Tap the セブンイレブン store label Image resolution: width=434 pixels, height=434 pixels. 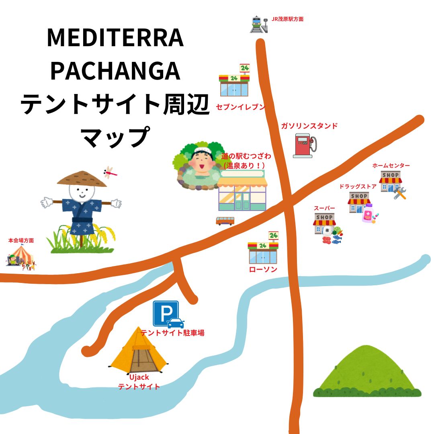241,107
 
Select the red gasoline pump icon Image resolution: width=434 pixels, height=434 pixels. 304,145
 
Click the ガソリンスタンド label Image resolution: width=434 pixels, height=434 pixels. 309,126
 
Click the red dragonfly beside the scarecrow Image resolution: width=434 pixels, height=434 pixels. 110,173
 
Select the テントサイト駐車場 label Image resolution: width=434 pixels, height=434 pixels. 172,333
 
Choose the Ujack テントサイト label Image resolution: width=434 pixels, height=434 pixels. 139,382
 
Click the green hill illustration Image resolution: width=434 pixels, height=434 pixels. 367,372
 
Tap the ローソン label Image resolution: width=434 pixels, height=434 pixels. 263,269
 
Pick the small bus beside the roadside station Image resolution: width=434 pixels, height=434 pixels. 225,221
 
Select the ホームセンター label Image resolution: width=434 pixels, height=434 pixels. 391,166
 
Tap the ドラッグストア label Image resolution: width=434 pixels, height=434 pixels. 358,186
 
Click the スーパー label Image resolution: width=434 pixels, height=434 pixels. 324,208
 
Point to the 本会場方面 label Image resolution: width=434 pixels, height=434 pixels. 21,240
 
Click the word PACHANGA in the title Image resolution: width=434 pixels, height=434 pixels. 115,71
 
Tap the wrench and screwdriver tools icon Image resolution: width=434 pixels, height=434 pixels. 400,194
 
